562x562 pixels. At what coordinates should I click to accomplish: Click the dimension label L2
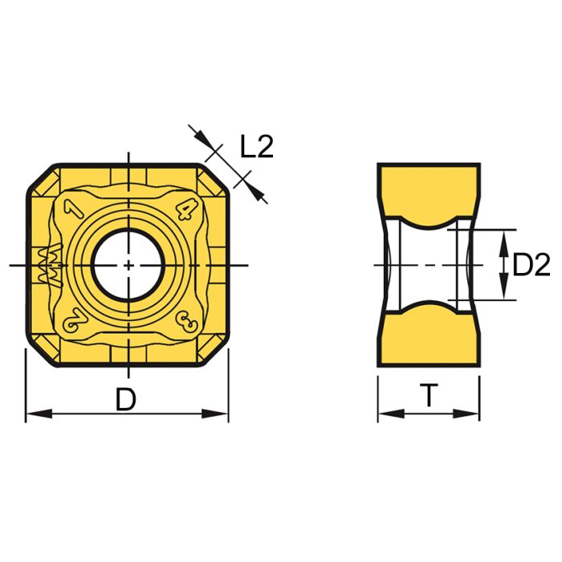click(x=257, y=146)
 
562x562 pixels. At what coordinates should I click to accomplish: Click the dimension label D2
click(x=531, y=265)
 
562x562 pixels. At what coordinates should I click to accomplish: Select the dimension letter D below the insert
click(x=126, y=399)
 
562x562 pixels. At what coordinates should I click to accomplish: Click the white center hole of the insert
click(x=128, y=265)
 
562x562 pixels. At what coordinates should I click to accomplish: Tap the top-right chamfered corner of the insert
click(x=215, y=180)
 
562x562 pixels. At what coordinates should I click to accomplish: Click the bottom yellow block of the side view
click(x=430, y=342)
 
